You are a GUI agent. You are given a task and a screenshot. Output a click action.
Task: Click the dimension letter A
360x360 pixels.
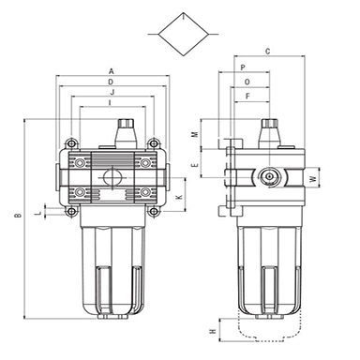point(112,71)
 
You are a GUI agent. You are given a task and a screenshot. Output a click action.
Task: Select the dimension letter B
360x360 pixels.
point(19,216)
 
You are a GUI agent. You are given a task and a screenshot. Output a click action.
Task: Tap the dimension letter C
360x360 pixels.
point(267,52)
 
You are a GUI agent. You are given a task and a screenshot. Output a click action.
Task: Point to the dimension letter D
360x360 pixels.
point(111,82)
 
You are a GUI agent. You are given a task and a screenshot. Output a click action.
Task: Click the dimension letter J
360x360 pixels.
point(112,92)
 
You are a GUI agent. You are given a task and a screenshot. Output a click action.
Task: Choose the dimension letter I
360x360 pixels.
point(110,102)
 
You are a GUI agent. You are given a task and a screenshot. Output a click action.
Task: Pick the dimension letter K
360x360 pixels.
point(179,198)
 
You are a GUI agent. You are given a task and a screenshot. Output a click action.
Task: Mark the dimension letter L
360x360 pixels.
point(38,213)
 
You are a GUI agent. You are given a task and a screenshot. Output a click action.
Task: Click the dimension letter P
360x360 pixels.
point(243,67)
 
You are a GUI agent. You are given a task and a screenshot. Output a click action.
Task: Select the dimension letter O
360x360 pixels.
point(247,82)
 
